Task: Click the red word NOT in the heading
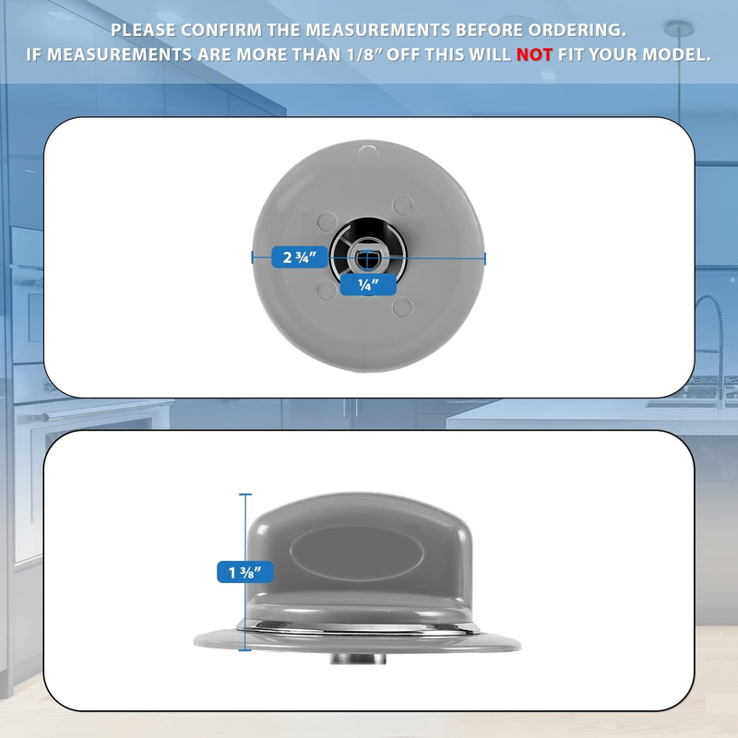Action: (x=534, y=54)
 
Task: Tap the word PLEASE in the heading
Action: (x=143, y=30)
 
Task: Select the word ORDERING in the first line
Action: (x=577, y=30)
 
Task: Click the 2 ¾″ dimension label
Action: (x=299, y=257)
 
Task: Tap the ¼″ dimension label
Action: (x=368, y=285)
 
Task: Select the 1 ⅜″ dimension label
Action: (x=245, y=572)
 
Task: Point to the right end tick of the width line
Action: (x=485, y=258)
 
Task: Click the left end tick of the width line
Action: (x=253, y=258)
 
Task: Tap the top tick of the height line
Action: (x=245, y=494)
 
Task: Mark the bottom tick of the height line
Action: (x=245, y=650)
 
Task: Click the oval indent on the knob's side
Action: (x=357, y=552)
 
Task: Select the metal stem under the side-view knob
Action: (x=358, y=658)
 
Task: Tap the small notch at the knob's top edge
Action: (x=367, y=151)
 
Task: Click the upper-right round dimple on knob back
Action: (x=403, y=206)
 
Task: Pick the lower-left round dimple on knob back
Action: (x=327, y=291)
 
